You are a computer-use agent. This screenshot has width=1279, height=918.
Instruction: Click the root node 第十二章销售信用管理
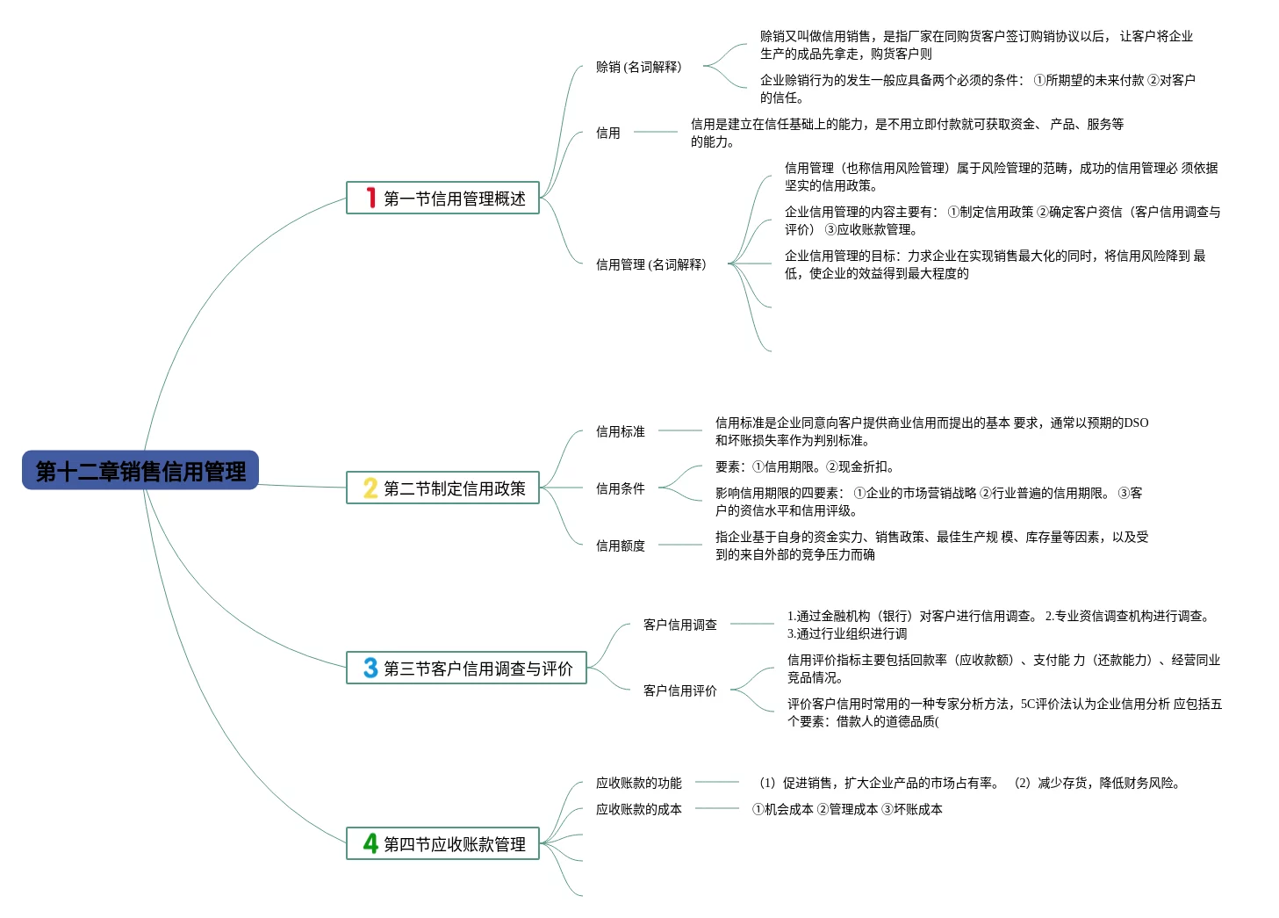point(140,471)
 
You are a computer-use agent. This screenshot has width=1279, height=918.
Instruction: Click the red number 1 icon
point(371,199)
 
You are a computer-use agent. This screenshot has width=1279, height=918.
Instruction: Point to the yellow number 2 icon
point(370,488)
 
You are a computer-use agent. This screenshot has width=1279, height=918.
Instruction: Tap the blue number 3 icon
point(370,669)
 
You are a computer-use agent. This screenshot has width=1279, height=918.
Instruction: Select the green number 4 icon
point(370,844)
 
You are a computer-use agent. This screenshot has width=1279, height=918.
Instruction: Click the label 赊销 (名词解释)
point(638,67)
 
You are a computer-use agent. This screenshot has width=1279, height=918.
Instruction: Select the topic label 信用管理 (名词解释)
point(650,264)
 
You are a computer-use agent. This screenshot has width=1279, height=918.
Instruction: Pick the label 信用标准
point(620,431)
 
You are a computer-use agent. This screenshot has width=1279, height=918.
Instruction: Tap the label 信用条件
point(620,488)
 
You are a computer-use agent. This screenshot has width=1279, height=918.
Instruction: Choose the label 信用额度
point(620,546)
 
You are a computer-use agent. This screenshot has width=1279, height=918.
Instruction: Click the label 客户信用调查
point(679,625)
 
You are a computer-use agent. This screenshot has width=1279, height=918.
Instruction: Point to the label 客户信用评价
point(679,690)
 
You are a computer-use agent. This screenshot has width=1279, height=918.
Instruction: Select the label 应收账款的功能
point(638,783)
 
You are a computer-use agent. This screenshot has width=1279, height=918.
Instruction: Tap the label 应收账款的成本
point(638,809)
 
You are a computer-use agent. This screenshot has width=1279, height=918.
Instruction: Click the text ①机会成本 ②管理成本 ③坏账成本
point(847,809)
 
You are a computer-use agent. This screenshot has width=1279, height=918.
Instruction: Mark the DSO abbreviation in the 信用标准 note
point(1136,423)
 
